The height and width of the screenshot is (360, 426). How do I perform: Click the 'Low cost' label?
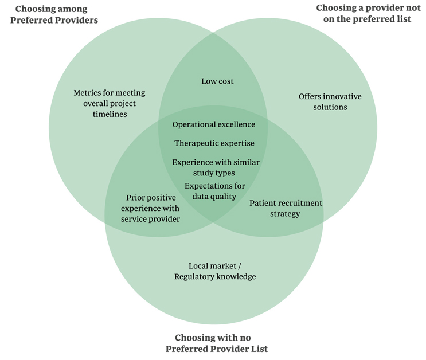(x=217, y=81)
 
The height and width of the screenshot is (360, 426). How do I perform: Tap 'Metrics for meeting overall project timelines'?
(x=109, y=103)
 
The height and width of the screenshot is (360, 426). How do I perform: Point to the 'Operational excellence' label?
(x=213, y=124)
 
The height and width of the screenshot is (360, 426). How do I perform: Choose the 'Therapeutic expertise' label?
(x=214, y=143)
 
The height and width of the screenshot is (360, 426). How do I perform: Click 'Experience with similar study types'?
(x=216, y=167)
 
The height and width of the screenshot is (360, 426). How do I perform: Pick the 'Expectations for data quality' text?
(x=214, y=191)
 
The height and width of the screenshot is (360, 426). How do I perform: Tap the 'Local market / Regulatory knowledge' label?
(x=215, y=271)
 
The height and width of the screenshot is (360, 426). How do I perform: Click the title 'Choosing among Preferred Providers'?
(x=56, y=14)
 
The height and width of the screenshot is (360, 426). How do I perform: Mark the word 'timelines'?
(x=109, y=114)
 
